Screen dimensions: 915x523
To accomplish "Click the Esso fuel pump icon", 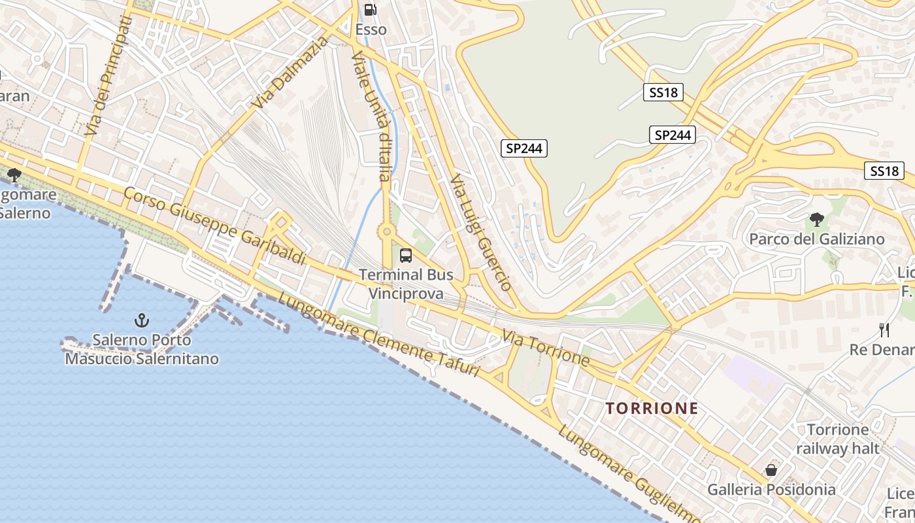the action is (x=370, y=10).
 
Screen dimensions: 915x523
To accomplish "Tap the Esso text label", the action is (x=371, y=29).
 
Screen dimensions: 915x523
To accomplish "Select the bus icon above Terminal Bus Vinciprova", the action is (x=406, y=256).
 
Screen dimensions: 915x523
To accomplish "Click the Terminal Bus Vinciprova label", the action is (x=406, y=284).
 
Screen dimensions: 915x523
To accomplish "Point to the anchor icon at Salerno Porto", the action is (x=141, y=320).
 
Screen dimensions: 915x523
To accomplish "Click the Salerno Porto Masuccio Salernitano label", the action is (x=142, y=349).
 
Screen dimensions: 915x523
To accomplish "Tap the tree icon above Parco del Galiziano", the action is (x=816, y=220).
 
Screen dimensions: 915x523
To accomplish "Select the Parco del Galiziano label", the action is (x=816, y=239).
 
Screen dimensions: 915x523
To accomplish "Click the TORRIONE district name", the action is (x=652, y=409).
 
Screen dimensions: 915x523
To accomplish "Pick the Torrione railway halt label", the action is (x=837, y=439).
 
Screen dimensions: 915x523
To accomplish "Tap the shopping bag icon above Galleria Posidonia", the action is (x=771, y=470).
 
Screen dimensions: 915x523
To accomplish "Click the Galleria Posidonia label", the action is (x=771, y=489).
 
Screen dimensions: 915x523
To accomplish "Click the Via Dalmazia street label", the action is (x=291, y=73).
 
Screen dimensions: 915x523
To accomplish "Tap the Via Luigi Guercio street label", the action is (x=480, y=232).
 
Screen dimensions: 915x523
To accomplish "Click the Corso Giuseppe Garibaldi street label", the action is (x=214, y=226).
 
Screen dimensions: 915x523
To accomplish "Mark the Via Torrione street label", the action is (x=546, y=347).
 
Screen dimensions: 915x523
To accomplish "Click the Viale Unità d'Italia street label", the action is (x=371, y=116).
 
